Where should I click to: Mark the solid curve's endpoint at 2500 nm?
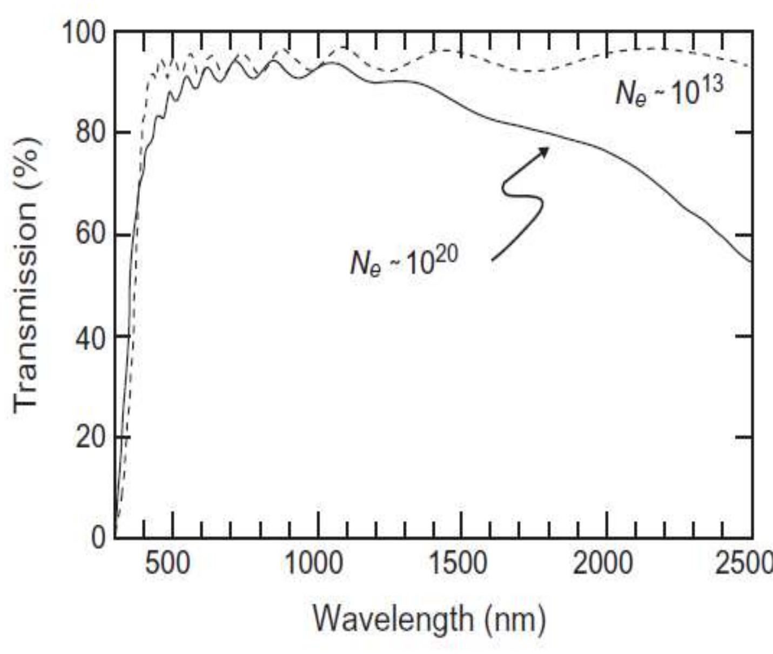[751, 262]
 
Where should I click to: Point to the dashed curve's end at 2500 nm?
[751, 66]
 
